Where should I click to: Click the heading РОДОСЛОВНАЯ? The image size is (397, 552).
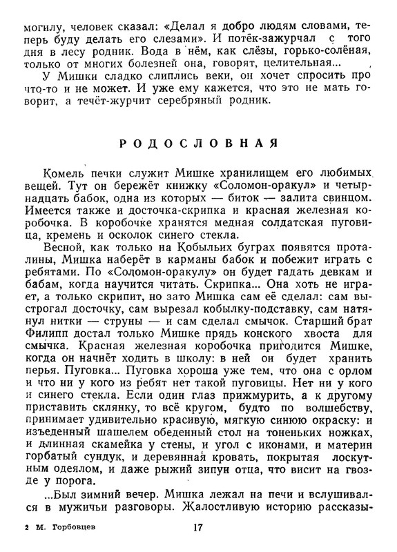(198, 144)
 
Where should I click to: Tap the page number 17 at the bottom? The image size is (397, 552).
(198, 532)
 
